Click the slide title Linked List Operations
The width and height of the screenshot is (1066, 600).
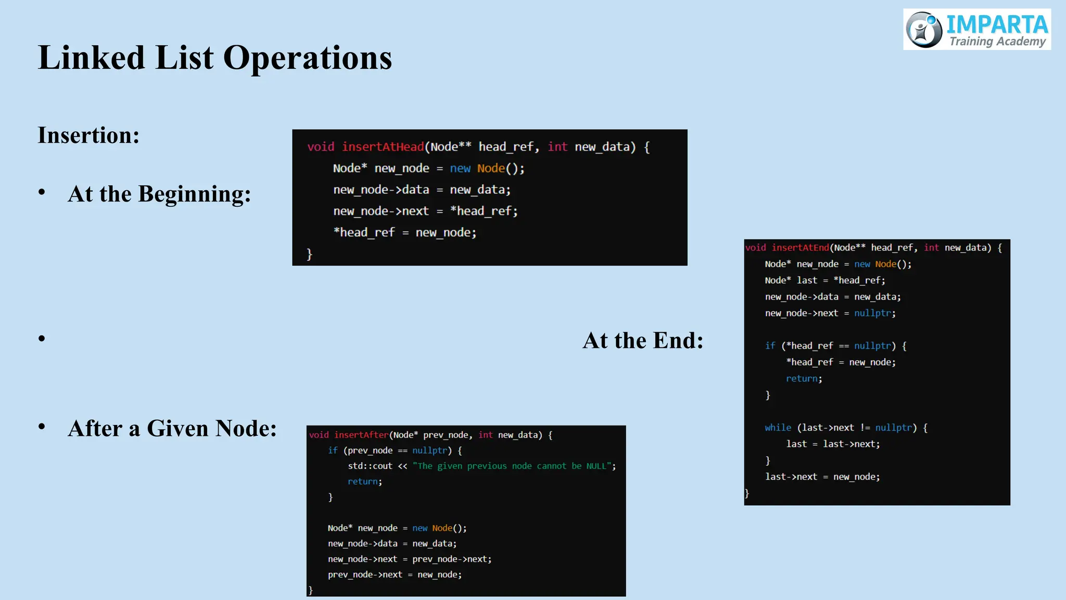[x=214, y=57]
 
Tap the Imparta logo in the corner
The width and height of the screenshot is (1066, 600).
[x=976, y=30]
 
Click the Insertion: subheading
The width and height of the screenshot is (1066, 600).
[x=88, y=135]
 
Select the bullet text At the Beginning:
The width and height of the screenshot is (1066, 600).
[x=159, y=194]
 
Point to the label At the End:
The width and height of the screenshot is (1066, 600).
[x=643, y=341]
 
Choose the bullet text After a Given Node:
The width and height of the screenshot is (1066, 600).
[x=172, y=429]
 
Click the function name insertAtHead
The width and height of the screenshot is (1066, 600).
[x=383, y=147]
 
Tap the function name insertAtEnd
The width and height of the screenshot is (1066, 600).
[x=800, y=248]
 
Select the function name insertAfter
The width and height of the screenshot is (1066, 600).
[x=361, y=435]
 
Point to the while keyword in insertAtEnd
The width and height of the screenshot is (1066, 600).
[x=778, y=428]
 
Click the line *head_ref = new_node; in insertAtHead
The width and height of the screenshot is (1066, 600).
[x=404, y=233]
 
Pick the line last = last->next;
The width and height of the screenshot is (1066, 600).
[x=832, y=444]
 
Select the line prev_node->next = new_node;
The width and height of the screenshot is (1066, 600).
[x=394, y=574]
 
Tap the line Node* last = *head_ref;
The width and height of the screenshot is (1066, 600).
[x=824, y=280]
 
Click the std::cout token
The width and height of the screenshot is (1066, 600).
[x=370, y=466]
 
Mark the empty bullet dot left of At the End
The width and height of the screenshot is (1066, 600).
[x=42, y=339]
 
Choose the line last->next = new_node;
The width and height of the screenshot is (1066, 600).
[x=822, y=477]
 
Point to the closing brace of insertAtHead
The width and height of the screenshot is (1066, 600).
[x=309, y=254]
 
